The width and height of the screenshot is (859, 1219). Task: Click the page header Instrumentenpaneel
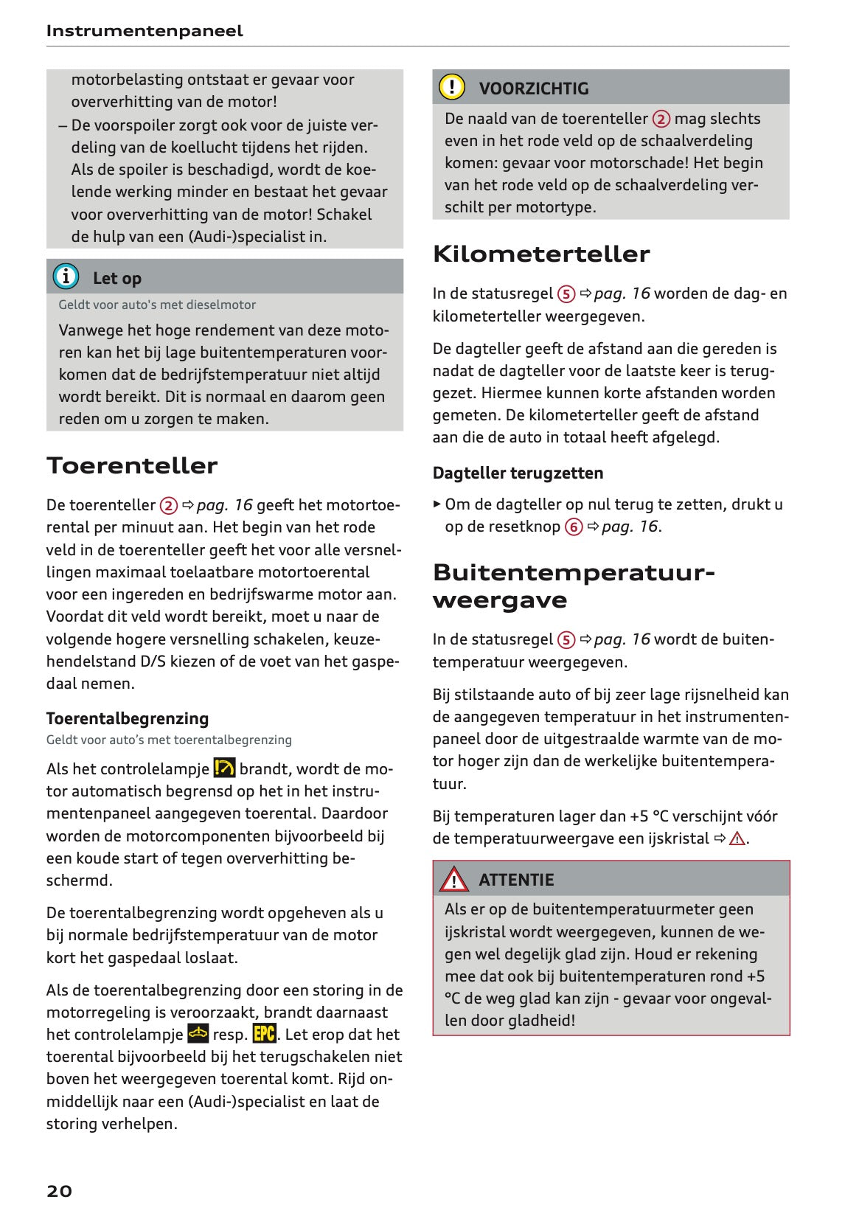pos(144,31)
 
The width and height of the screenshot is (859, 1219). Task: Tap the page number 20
pos(60,1190)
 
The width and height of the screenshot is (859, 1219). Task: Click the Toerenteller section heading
pos(132,465)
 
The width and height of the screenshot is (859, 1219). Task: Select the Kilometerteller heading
pos(541,254)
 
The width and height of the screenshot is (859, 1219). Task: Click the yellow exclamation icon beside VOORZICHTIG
pos(451,87)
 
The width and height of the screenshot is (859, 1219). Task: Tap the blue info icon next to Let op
pos(66,277)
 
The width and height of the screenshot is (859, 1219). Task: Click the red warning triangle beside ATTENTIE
pos(453,879)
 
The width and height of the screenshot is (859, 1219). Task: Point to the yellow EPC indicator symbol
pos(264,1033)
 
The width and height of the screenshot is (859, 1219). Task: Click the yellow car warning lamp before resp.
pos(198,1033)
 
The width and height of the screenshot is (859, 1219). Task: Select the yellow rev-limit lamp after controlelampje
pos(224,768)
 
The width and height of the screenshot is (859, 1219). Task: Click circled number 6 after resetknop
pos(574,527)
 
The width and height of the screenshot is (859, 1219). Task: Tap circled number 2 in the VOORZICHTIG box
pos(661,119)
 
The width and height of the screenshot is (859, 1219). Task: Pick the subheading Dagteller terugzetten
pos(518,473)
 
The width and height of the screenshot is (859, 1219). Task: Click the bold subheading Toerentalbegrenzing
pos(128,718)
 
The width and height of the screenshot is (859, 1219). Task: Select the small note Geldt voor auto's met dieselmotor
pos(157,305)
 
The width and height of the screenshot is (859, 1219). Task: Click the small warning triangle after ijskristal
pos(737,838)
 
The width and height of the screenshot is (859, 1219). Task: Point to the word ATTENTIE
pos(516,880)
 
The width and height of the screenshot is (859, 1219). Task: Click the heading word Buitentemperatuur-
pos(574,572)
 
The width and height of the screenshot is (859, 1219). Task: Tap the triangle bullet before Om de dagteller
pos(437,504)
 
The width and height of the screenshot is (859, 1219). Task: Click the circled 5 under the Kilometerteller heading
pos(566,294)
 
